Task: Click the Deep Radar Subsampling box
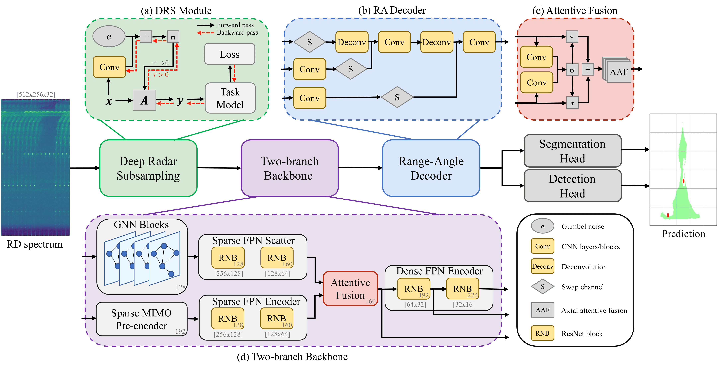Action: point(148,168)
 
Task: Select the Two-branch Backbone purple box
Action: point(290,168)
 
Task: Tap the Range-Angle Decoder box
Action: point(431,168)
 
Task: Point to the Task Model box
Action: point(230,98)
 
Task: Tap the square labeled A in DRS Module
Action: point(144,100)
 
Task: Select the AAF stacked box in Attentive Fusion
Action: point(618,72)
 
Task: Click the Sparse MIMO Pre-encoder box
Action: point(141,319)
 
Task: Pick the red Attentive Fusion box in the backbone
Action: point(350,289)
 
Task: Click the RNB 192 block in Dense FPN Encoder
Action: point(414,289)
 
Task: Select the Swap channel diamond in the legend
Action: point(542,287)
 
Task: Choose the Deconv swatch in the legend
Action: point(542,266)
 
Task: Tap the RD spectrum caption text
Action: point(35,244)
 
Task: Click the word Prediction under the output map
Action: point(683,234)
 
